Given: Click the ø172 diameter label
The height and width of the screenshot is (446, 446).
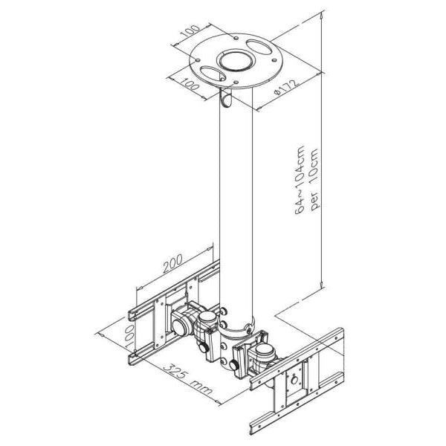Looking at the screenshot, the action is tap(286, 87).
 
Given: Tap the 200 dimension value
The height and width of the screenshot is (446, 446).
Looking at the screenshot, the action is tap(172, 263).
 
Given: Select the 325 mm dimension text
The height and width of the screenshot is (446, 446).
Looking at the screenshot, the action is tap(188, 378).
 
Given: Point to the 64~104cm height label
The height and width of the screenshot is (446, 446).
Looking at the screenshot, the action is tap(300, 180).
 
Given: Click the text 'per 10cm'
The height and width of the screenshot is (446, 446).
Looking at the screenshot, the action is tap(315, 180).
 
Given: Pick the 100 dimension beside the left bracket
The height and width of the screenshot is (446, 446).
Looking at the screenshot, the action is tap(129, 337).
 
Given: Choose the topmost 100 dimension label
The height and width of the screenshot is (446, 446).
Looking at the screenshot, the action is tap(190, 30).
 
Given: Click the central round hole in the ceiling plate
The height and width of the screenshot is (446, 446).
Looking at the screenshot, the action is tap(235, 61).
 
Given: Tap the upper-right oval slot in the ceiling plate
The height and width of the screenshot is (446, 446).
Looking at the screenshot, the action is tap(258, 47).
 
